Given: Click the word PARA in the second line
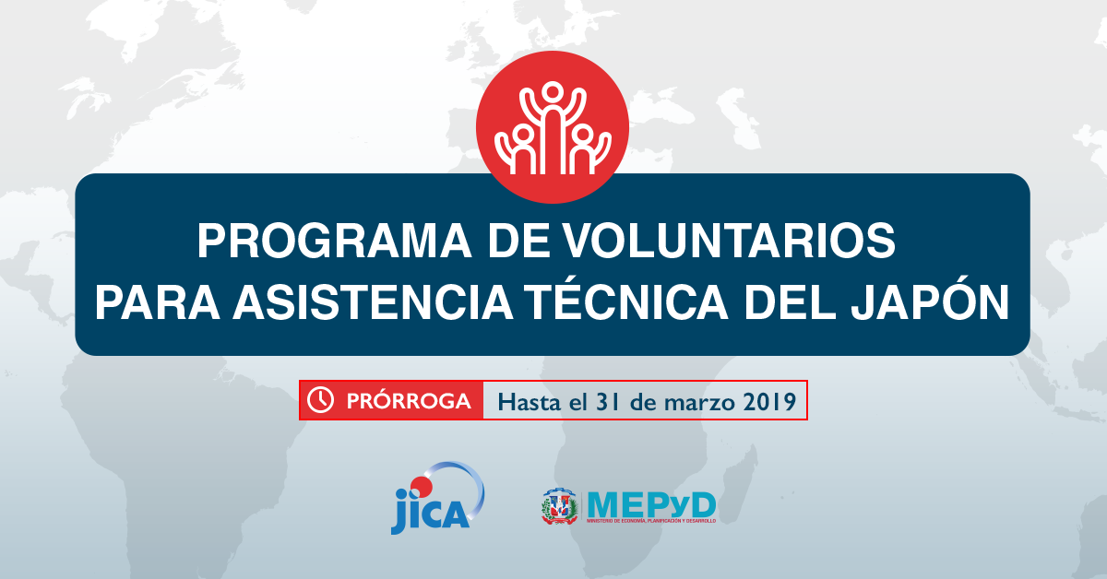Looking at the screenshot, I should (157, 302).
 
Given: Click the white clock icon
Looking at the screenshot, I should (319, 400).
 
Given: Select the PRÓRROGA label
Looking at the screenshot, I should (409, 401).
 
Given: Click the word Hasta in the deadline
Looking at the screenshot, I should (529, 401).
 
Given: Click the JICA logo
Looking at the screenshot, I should (436, 498).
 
